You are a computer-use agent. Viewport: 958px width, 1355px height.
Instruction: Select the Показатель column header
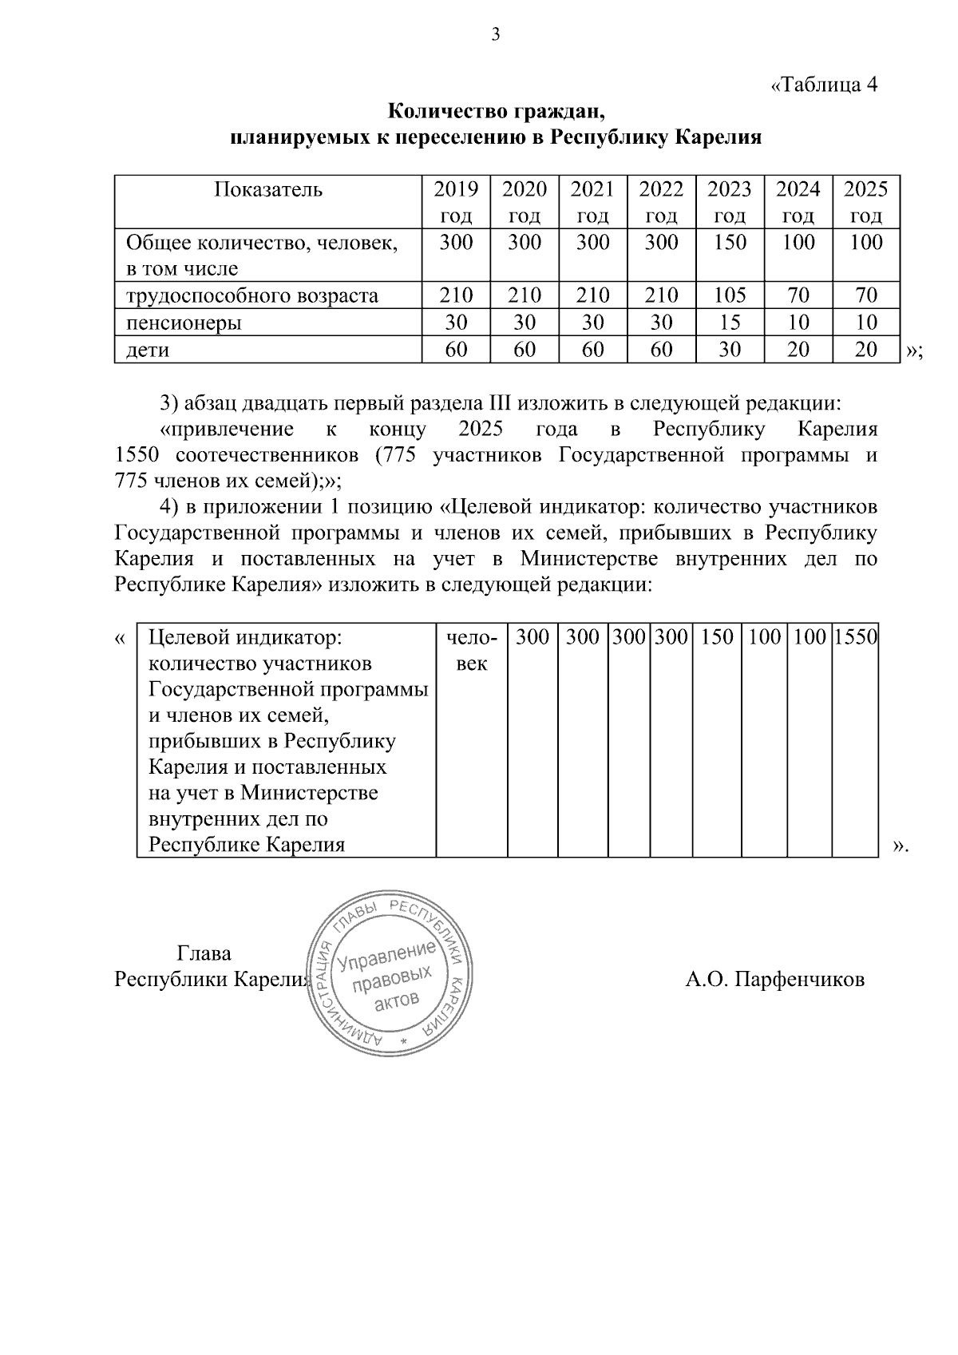[x=268, y=190]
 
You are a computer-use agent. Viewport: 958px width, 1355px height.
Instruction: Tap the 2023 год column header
[x=730, y=202]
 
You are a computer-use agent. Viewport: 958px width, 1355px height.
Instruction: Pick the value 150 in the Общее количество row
[x=730, y=243]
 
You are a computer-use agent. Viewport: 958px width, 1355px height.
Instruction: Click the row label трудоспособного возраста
[x=252, y=296]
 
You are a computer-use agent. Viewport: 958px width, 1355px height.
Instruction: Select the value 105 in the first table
[x=730, y=296]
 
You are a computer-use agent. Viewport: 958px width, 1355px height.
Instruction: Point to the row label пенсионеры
[x=184, y=323]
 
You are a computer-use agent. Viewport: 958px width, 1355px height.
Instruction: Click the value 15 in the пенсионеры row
[x=730, y=323]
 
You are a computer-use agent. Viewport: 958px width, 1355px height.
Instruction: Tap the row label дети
[x=148, y=350]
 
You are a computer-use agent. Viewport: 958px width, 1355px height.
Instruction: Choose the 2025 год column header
[x=865, y=202]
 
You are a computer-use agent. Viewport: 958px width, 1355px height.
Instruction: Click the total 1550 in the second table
[x=855, y=637]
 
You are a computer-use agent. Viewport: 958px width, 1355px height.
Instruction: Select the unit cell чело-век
[x=471, y=650]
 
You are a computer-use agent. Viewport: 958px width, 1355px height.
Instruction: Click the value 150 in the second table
[x=717, y=637]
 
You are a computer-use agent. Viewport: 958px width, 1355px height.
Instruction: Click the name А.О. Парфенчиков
[x=774, y=979]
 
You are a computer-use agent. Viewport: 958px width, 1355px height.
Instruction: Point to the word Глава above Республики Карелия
[x=204, y=953]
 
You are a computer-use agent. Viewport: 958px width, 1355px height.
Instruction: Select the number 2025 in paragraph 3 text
[x=481, y=430]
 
